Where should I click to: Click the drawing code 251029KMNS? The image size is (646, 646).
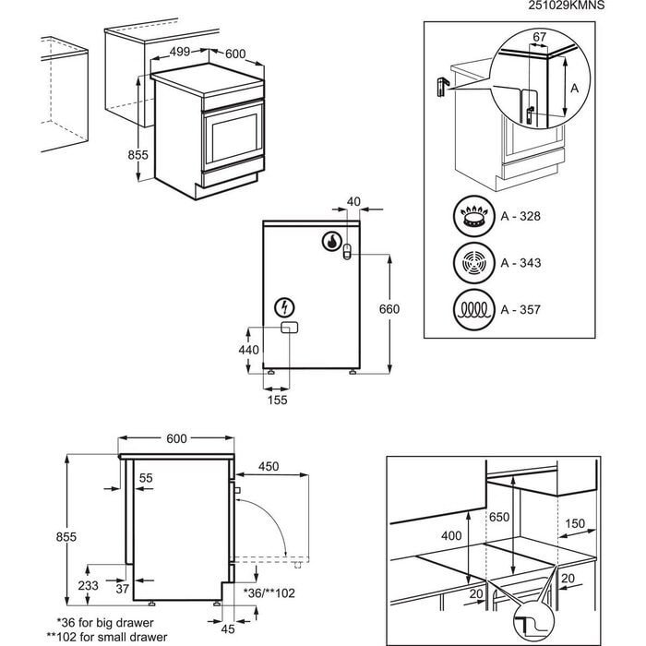click(x=593, y=6)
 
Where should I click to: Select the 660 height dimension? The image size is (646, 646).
click(x=389, y=309)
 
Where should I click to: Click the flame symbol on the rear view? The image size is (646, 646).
click(x=330, y=242)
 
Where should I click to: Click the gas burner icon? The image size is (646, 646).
click(x=473, y=219)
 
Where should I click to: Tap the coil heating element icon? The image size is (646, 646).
click(x=473, y=307)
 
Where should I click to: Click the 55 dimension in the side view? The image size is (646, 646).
click(x=146, y=477)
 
